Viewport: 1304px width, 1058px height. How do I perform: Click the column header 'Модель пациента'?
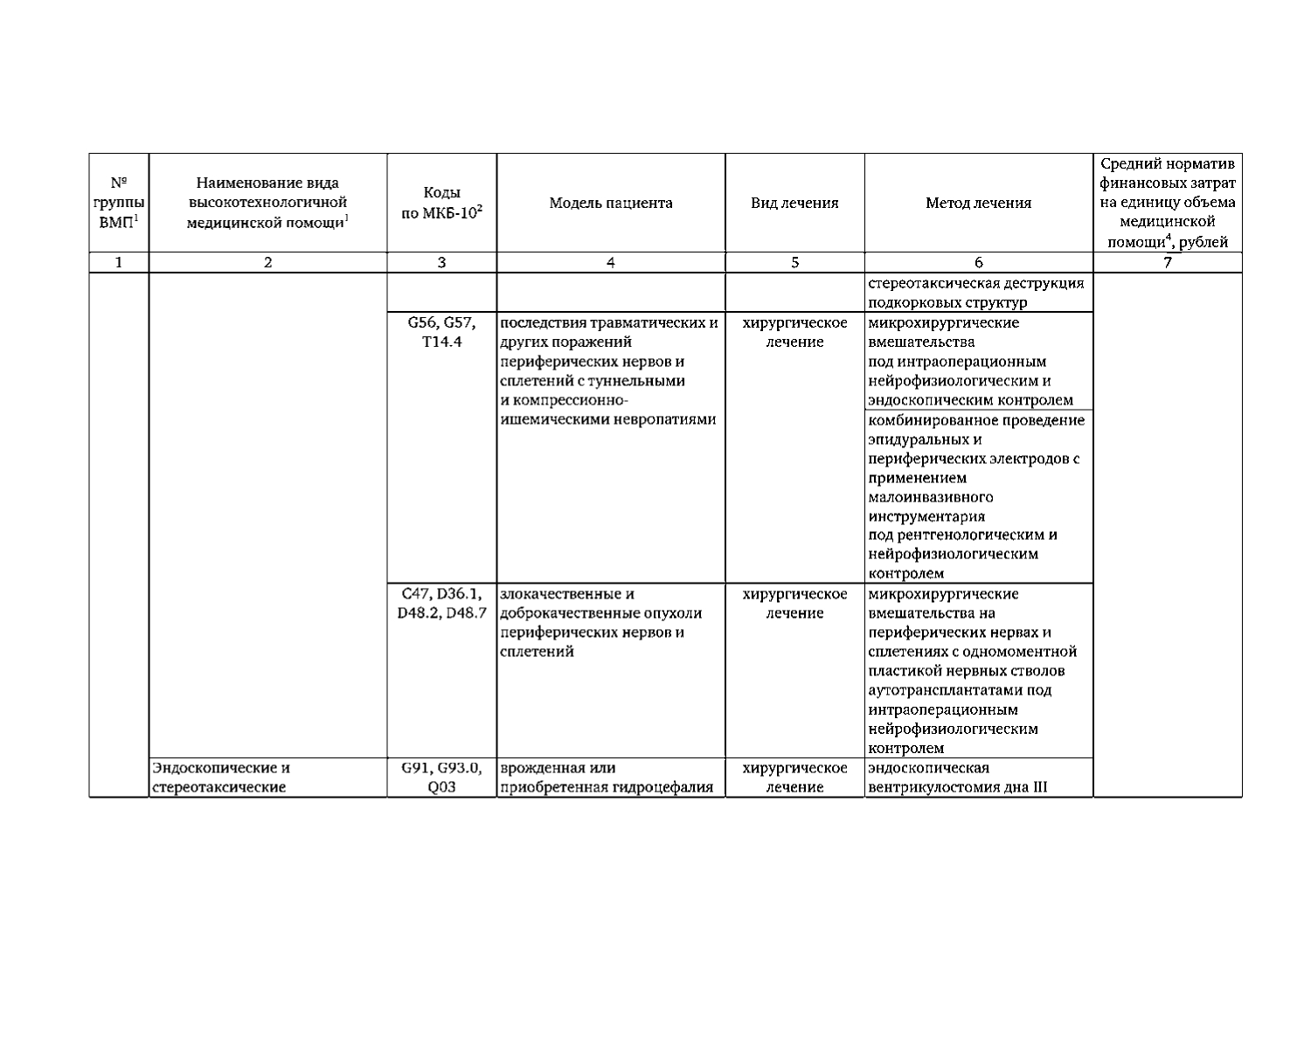[x=611, y=204]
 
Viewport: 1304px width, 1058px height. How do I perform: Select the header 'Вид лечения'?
[x=794, y=204]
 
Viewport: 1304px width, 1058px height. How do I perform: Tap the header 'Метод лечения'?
[x=978, y=204]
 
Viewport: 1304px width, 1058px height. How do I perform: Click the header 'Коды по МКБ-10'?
[x=441, y=204]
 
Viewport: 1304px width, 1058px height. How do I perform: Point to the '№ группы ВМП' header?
[x=119, y=204]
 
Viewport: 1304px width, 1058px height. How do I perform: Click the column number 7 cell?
[x=1167, y=262]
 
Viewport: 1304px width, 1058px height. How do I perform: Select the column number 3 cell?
[x=441, y=262]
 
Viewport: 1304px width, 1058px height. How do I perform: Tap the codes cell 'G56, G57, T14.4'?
[x=441, y=333]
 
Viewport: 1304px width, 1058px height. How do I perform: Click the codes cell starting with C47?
[x=441, y=604]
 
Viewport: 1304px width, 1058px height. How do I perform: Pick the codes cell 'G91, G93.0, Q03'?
[x=441, y=778]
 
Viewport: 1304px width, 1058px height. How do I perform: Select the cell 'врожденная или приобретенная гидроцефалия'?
[x=611, y=778]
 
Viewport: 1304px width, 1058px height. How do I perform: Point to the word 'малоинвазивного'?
[x=930, y=497]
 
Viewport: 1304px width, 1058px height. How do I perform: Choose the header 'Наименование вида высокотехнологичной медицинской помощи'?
[x=267, y=204]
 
